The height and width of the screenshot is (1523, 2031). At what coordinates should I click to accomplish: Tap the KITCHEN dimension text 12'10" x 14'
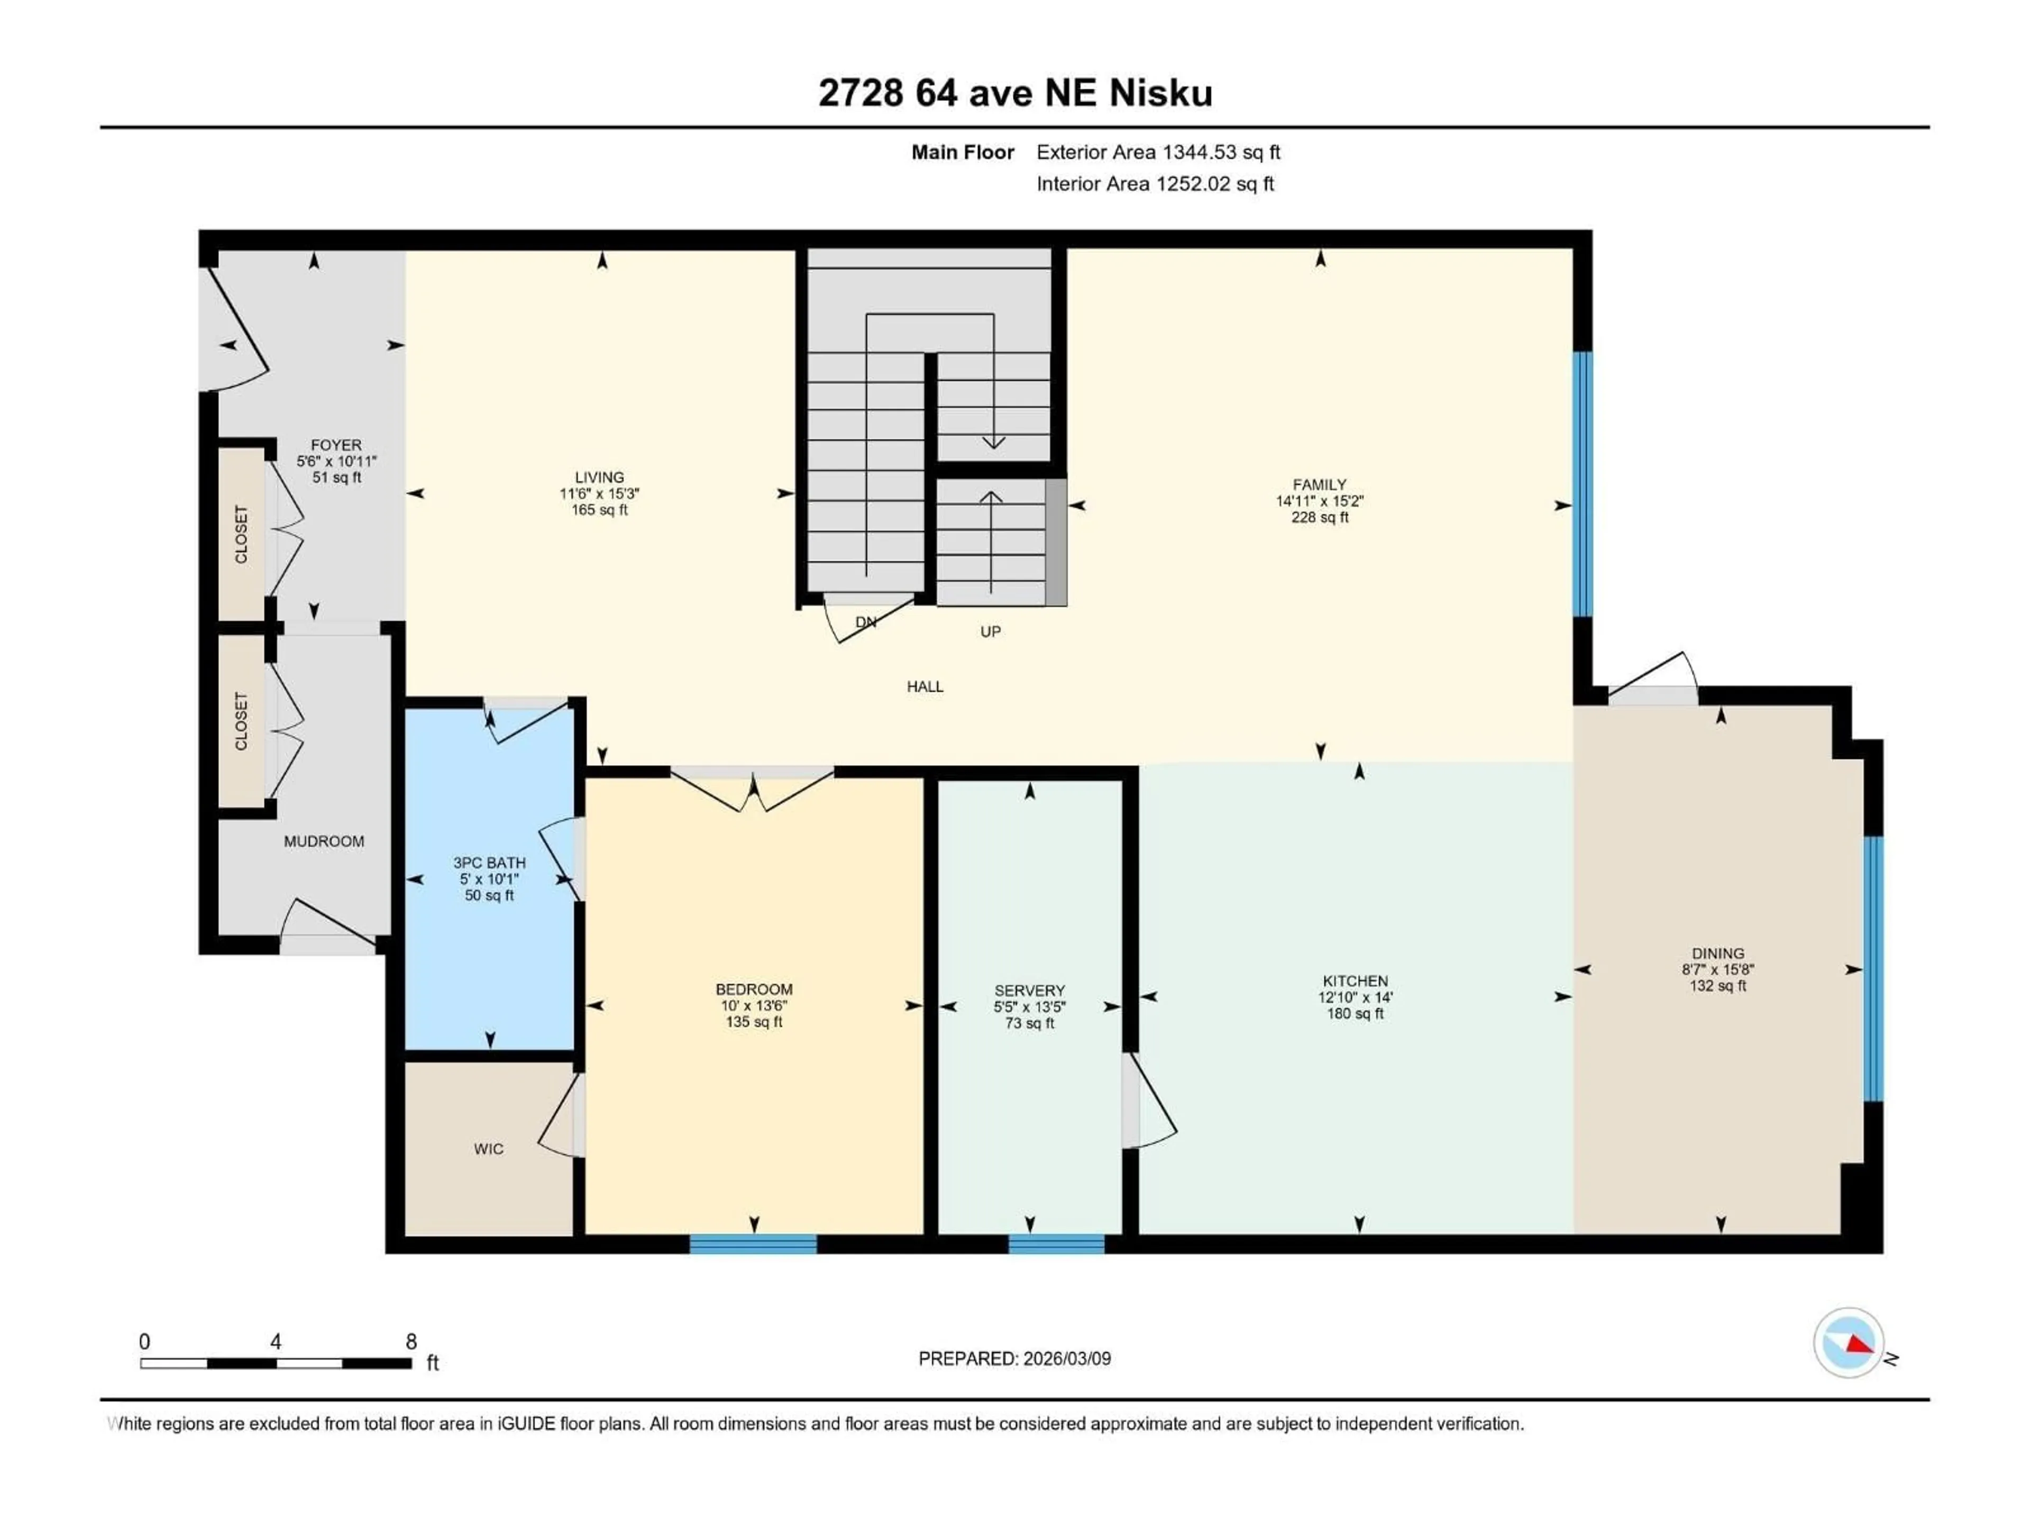[x=1355, y=997]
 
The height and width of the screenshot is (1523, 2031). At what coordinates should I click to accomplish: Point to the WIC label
[x=489, y=1149]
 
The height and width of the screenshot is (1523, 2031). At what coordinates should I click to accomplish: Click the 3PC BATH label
[x=489, y=863]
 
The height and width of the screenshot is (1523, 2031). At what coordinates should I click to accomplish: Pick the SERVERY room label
[x=1029, y=990]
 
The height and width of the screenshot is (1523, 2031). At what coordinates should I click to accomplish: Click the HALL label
[x=925, y=687]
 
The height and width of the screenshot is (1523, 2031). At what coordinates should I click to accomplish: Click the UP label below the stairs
[x=990, y=631]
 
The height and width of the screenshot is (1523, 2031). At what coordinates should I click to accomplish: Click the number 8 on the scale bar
[x=411, y=1341]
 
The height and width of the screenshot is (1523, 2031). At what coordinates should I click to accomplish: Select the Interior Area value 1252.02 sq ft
[x=1214, y=184]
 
